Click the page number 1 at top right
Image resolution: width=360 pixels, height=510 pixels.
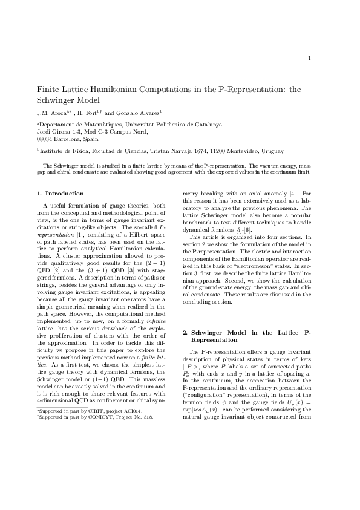pos(309,58)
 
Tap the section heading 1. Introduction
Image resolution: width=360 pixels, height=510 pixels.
pos(60,194)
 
